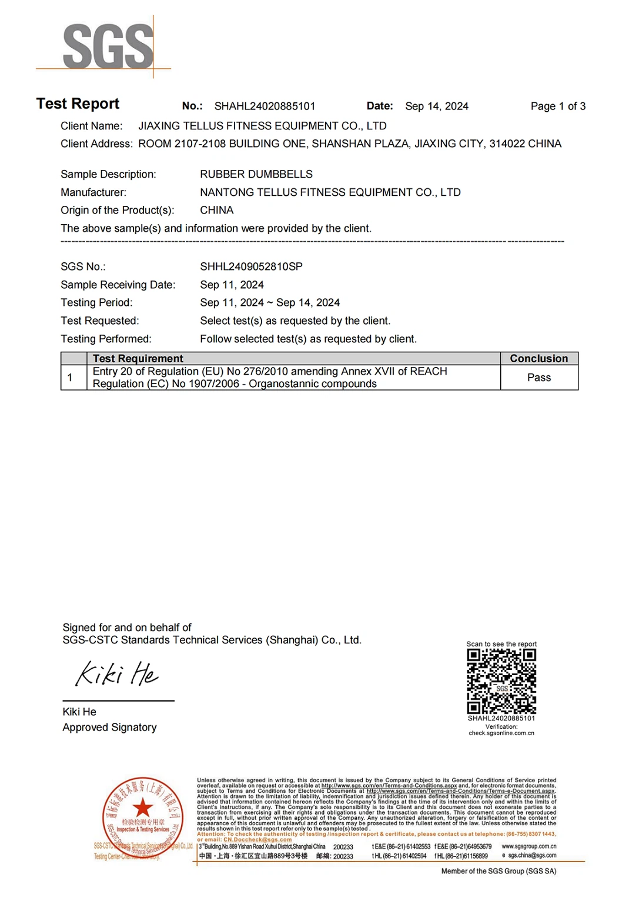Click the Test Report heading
point(78,104)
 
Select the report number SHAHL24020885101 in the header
point(265,106)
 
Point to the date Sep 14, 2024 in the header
point(436,106)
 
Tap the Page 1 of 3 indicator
point(557,106)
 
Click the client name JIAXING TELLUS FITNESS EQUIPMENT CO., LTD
point(262,126)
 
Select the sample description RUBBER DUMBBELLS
point(256,175)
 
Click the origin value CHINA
point(216,211)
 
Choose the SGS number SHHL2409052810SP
point(251,267)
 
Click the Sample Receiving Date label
point(118,285)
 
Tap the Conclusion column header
point(538,359)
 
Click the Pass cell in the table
point(538,378)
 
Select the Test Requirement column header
point(138,359)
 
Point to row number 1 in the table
point(70,378)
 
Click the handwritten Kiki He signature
point(116,674)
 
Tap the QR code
point(501,682)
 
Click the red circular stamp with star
point(142,817)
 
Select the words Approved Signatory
point(109,728)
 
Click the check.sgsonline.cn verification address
point(501,733)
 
